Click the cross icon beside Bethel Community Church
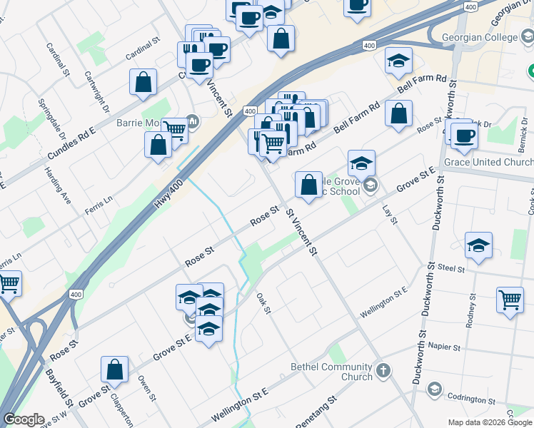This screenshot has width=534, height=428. click(383, 371)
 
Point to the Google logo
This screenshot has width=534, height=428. click(24, 419)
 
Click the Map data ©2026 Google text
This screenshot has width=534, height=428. click(490, 422)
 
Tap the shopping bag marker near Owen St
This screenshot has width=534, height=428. click(114, 370)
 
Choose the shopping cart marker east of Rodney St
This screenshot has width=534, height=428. click(510, 300)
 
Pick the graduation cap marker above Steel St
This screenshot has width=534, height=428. click(478, 245)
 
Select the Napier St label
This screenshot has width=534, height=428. click(443, 345)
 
